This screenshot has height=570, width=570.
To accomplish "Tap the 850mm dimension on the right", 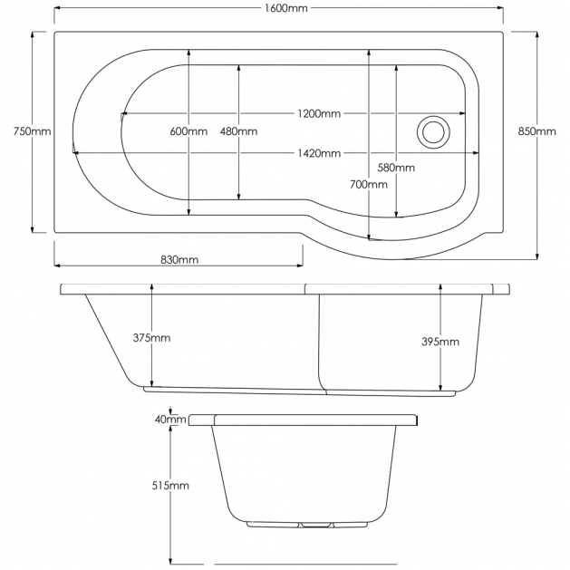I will coord(536,131).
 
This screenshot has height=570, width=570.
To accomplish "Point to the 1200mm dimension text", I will coord(318,113).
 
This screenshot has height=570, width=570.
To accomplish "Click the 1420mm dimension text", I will coord(318,152).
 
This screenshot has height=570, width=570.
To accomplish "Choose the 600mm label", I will coord(188,131).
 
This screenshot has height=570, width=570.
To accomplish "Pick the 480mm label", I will coord(238,131).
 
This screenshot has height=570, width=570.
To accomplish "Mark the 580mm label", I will coord(396,168).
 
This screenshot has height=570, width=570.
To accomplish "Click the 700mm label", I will coord(370,184).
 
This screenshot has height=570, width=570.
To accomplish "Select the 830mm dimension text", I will coord(179,259).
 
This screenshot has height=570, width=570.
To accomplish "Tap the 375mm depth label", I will coord(151,338).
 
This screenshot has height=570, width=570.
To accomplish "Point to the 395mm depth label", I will coord(440,342).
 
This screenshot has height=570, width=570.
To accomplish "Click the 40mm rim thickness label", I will coord(170,420).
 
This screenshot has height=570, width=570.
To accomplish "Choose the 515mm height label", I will coord(170,486).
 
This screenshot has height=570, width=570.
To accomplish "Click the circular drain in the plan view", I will coord(432,131).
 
